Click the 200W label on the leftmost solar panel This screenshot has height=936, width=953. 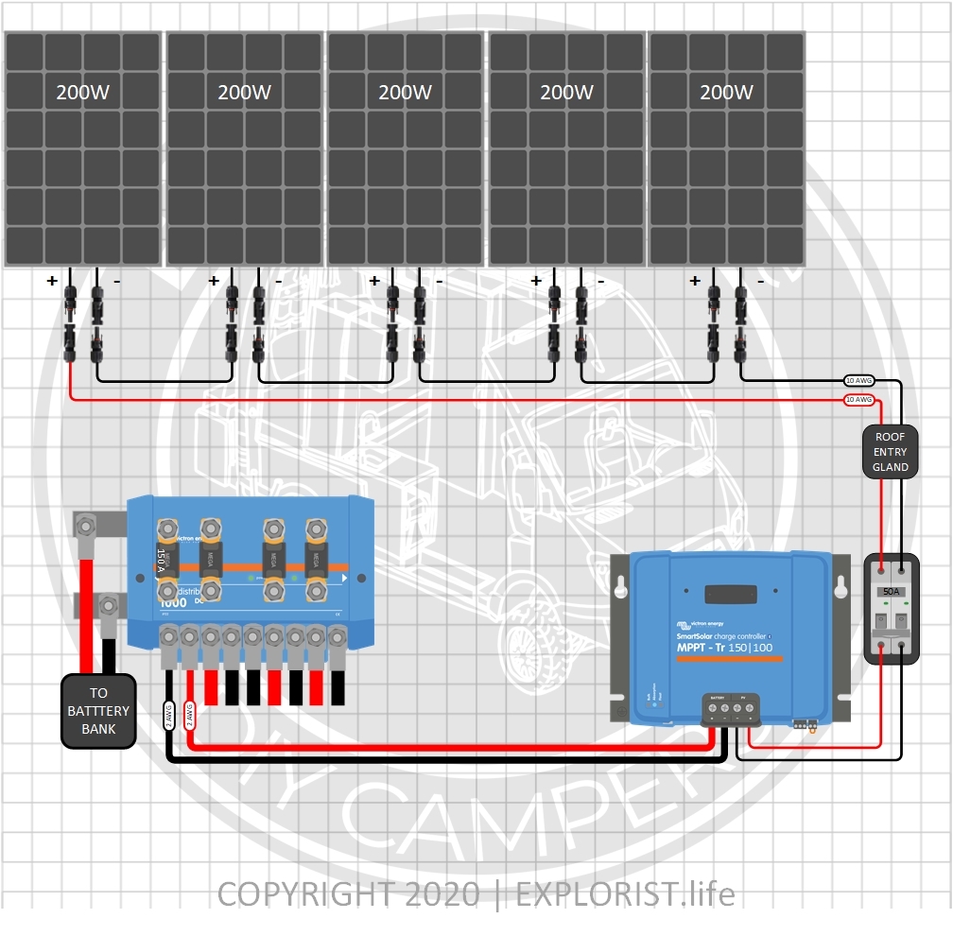tap(83, 93)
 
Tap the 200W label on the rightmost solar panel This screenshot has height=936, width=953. tap(726, 93)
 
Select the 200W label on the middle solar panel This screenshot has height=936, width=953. tap(405, 93)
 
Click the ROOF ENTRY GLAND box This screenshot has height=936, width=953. tap(891, 452)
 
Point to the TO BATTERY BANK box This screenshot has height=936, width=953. tap(98, 711)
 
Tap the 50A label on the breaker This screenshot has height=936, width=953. tap(891, 592)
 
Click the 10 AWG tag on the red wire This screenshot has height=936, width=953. tap(858, 400)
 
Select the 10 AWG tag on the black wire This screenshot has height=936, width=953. tap(858, 380)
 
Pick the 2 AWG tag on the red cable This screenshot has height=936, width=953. tap(190, 716)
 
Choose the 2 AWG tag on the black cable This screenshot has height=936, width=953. tap(168, 716)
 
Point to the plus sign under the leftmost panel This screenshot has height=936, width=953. tap(52, 281)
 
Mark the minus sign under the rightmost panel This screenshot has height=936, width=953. tap(760, 281)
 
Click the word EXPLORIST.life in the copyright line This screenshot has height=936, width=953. tap(625, 893)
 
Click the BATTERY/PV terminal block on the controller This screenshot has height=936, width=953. tap(729, 707)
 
